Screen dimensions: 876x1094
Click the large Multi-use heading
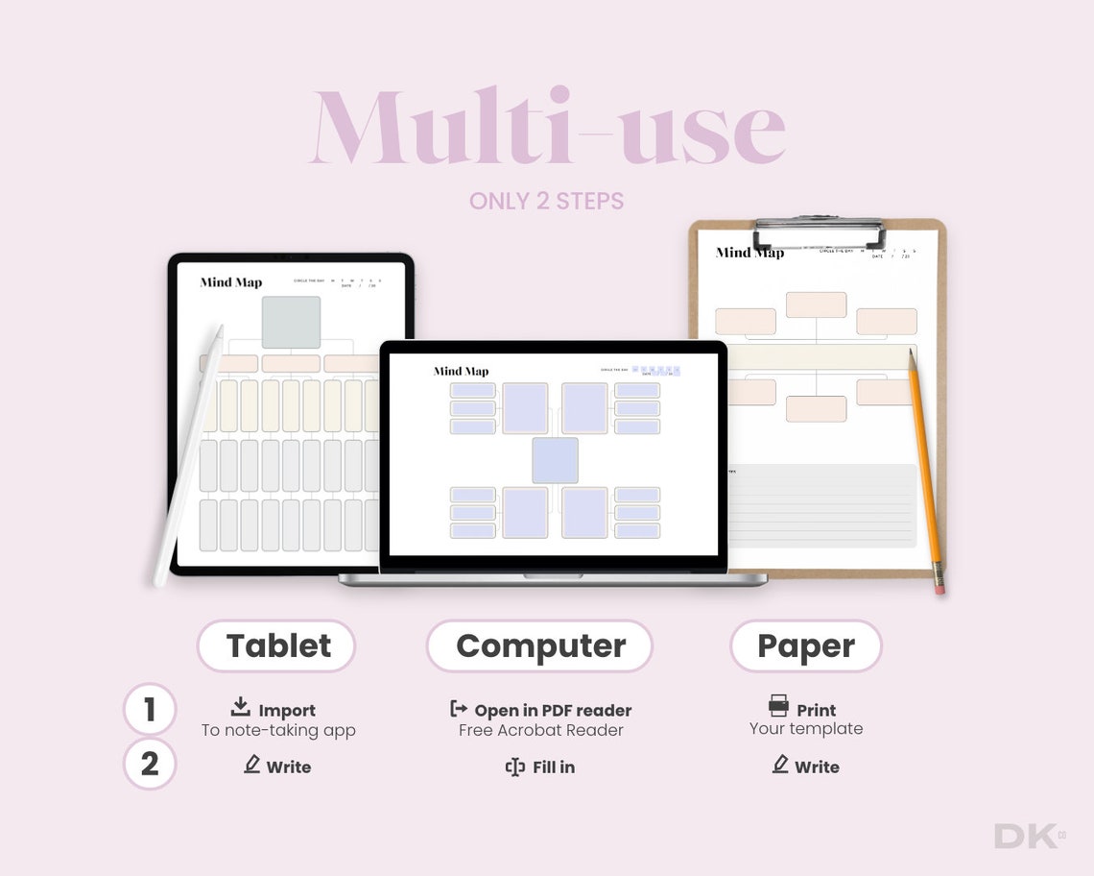[x=547, y=130]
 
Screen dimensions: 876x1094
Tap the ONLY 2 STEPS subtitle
[x=546, y=202]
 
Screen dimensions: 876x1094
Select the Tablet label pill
[x=277, y=645]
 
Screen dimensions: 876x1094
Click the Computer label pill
[x=539, y=645]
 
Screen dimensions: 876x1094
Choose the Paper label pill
[x=805, y=645]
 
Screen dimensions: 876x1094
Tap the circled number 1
[x=150, y=710]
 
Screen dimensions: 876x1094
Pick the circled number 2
[x=150, y=765]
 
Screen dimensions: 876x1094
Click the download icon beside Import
[x=241, y=707]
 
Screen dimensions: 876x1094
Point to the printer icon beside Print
[x=778, y=706]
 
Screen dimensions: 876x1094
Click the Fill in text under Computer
[x=554, y=766]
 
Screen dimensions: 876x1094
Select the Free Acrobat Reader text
[x=540, y=730]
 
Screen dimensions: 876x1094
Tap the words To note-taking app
[x=278, y=730]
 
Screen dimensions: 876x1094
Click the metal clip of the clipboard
[x=819, y=231]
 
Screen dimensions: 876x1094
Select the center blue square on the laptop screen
[x=556, y=460]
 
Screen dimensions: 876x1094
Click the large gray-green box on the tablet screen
[x=291, y=322]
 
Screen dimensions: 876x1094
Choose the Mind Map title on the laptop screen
[x=461, y=371]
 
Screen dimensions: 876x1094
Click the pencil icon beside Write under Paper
[x=780, y=764]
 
